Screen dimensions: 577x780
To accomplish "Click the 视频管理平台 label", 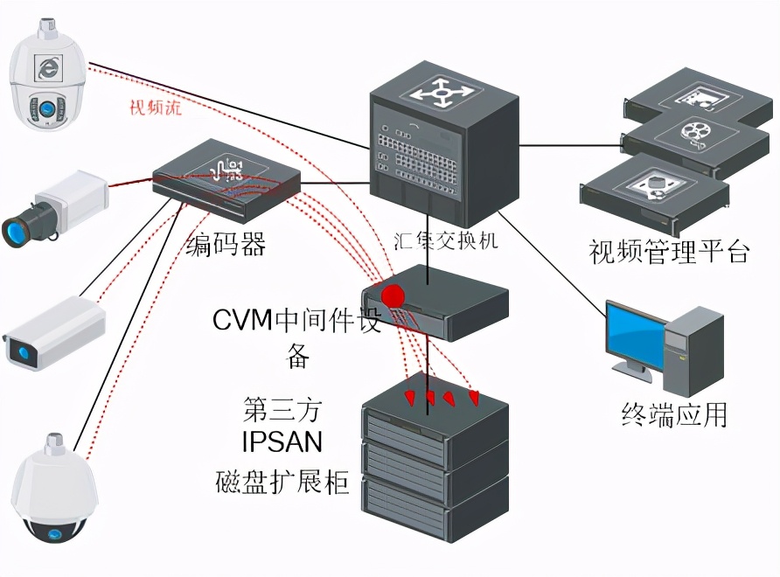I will coord(670,253).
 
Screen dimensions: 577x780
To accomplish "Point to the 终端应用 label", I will coord(674,414).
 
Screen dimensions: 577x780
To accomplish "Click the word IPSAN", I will coord(282,442).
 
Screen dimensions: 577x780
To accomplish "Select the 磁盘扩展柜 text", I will coord(282,482).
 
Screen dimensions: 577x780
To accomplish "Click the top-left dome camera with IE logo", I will coord(46,79).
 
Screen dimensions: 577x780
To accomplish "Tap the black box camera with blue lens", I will coord(52,207).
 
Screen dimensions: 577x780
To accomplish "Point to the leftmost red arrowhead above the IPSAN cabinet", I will coord(408,399).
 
